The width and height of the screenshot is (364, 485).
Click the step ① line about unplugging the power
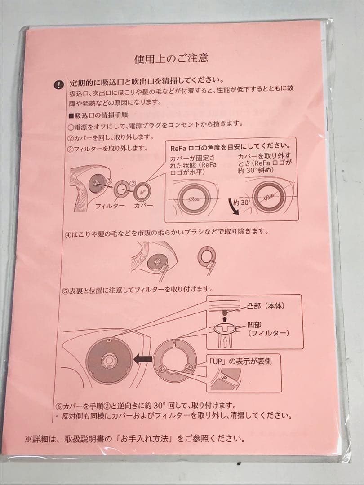pyautogui.click(x=155, y=124)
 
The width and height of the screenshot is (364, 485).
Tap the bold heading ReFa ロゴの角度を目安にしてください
pyautogui.click(x=230, y=146)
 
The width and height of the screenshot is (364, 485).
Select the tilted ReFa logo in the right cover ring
pyautogui.click(x=269, y=196)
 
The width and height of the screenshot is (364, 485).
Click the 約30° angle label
pyautogui.click(x=241, y=203)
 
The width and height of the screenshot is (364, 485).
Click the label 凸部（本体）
pyautogui.click(x=265, y=305)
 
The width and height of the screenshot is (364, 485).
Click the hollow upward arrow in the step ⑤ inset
pyautogui.click(x=223, y=341)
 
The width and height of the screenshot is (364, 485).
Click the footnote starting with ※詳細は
pyautogui.click(x=134, y=438)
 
